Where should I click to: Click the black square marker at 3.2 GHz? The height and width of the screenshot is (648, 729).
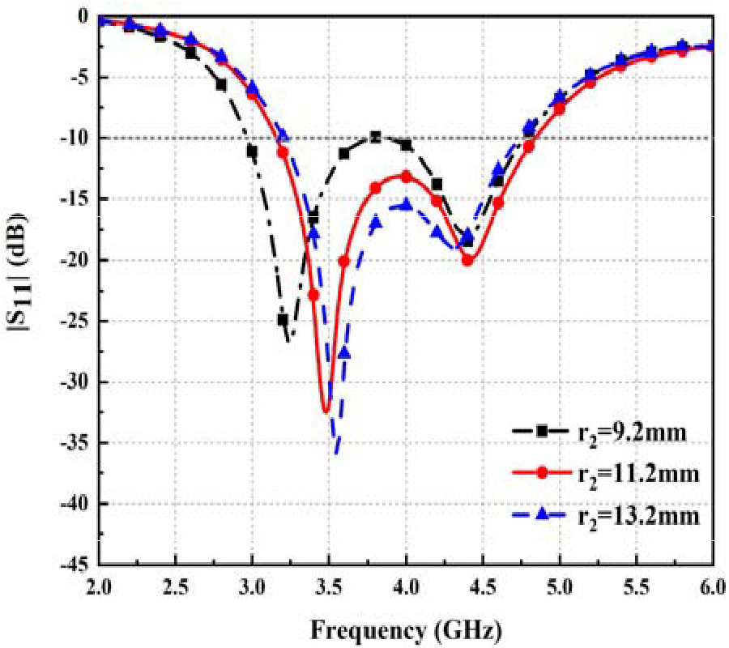(x=283, y=319)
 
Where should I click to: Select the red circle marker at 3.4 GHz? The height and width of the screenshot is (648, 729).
(x=313, y=295)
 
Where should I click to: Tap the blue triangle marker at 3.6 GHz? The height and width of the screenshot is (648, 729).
(x=344, y=352)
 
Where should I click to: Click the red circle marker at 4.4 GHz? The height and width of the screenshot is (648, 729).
(x=467, y=260)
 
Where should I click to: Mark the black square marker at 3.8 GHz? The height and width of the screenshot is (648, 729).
(x=375, y=137)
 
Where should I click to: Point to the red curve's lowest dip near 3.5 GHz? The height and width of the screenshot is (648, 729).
(x=326, y=411)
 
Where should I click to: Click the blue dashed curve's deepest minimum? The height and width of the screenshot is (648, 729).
(x=336, y=454)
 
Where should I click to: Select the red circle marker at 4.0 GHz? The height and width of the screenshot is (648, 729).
(x=406, y=177)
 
